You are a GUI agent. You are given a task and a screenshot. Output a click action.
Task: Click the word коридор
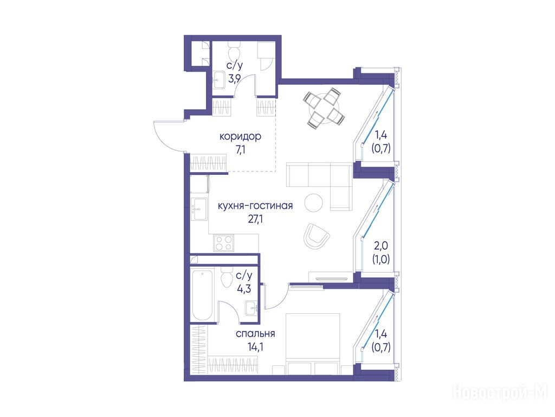click(240, 136)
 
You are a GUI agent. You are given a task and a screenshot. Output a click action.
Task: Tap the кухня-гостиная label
click(255, 206)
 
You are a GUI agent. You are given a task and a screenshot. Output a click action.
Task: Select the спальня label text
click(255, 334)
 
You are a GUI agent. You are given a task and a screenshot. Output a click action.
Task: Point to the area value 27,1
click(255, 219)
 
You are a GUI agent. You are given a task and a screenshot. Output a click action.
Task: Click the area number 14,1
click(255, 346)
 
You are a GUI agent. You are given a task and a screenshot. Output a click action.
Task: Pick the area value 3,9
click(235, 79)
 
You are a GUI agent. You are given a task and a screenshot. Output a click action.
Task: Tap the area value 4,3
click(244, 289)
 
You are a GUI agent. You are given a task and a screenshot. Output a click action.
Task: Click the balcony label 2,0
click(381, 245)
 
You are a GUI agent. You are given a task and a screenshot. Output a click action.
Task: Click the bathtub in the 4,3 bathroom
click(202, 295)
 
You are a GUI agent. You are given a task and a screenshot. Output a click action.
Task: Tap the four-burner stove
click(224, 243)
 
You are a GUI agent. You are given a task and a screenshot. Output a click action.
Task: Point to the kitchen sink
click(199, 209)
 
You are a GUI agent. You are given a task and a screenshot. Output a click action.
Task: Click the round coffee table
click(314, 203)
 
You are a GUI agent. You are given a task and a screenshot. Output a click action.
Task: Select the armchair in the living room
click(316, 236)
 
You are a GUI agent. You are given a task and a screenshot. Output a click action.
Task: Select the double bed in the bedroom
click(313, 344)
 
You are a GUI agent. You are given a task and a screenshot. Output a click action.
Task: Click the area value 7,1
click(240, 150)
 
